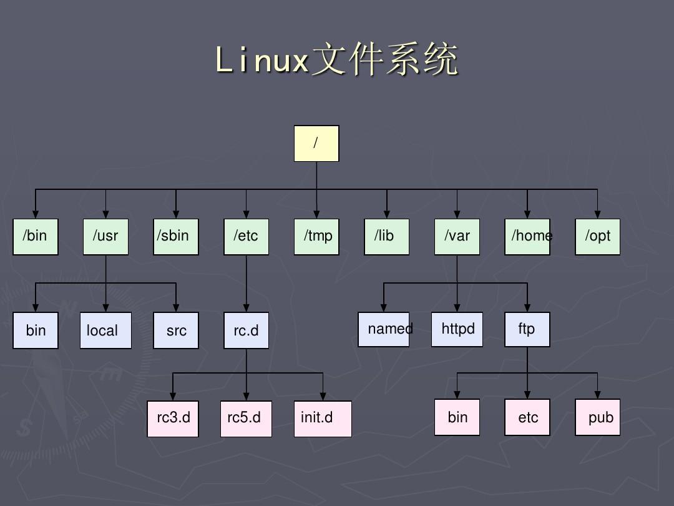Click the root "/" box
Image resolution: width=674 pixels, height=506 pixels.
(316, 144)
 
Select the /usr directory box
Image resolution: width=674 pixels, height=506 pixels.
(105, 237)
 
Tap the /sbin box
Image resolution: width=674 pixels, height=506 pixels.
(176, 237)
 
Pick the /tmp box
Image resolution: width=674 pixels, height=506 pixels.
(316, 237)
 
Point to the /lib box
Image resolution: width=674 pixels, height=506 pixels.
(387, 237)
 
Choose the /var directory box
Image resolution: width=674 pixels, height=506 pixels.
(457, 237)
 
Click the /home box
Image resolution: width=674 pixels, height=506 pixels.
(527, 237)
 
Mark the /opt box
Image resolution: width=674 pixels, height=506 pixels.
(598, 237)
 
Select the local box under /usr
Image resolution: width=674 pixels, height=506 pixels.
(105, 330)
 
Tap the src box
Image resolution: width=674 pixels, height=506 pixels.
(176, 330)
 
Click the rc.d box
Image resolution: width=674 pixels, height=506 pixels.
(247, 330)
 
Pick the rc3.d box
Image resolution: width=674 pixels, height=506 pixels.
(173, 419)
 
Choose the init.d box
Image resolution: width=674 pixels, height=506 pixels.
(323, 419)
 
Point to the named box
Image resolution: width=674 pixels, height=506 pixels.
(384, 329)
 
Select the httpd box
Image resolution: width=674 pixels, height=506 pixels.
(457, 329)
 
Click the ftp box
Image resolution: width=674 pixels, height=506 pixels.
(527, 329)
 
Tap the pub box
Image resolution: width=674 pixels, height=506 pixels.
(598, 417)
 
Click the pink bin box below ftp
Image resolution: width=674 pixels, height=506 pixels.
(457, 417)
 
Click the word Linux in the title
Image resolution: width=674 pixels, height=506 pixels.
(262, 61)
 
